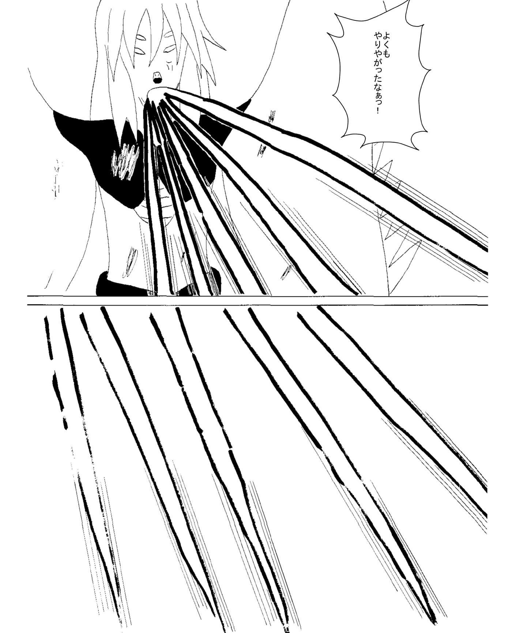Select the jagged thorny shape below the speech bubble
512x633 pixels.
391,219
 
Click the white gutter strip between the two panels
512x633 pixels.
257,300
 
